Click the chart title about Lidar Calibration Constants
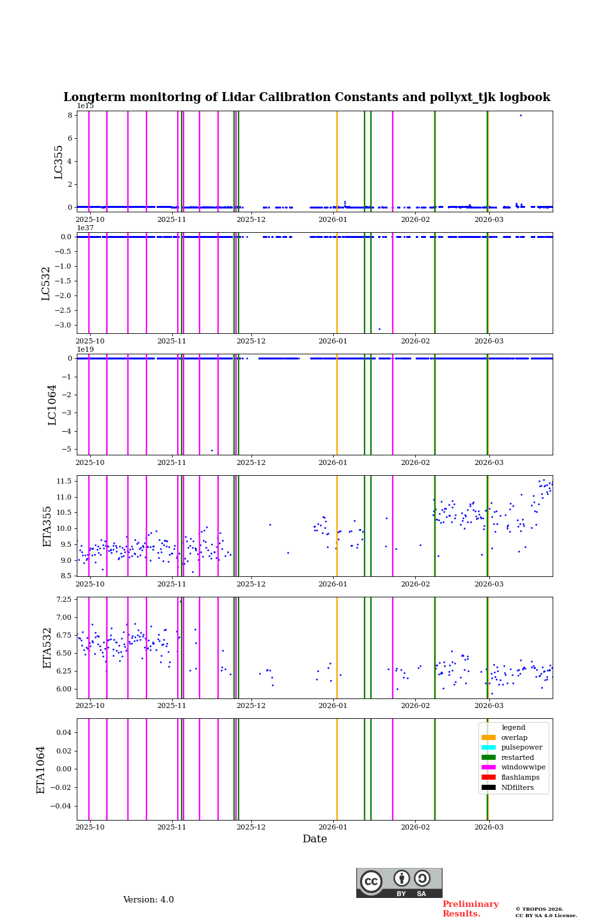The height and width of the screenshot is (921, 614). [x=306, y=97]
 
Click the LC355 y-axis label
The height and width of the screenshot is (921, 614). [x=59, y=162]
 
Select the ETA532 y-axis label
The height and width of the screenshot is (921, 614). [x=47, y=648]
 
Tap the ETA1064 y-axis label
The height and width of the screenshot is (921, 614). [x=41, y=769]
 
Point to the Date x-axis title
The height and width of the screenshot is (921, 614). [x=315, y=839]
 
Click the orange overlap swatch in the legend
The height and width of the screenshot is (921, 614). [x=489, y=737]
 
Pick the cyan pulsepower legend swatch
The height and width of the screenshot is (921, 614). [x=489, y=748]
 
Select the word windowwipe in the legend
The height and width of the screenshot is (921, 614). [x=523, y=767]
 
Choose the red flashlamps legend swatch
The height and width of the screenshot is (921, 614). [x=489, y=778]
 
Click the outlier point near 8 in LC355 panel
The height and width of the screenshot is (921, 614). [x=521, y=116]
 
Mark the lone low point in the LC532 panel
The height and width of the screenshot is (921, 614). [x=379, y=329]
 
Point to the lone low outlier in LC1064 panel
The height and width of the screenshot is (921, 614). [x=212, y=451]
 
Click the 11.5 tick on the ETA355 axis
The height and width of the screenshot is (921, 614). [x=64, y=481]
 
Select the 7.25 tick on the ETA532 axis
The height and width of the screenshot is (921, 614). [x=64, y=600]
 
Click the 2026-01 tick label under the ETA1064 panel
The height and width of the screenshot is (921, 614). [x=333, y=827]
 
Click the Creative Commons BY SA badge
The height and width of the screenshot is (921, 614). [x=399, y=883]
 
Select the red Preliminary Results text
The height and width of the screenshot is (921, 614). [x=470, y=909]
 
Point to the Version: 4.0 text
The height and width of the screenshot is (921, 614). [x=148, y=900]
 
